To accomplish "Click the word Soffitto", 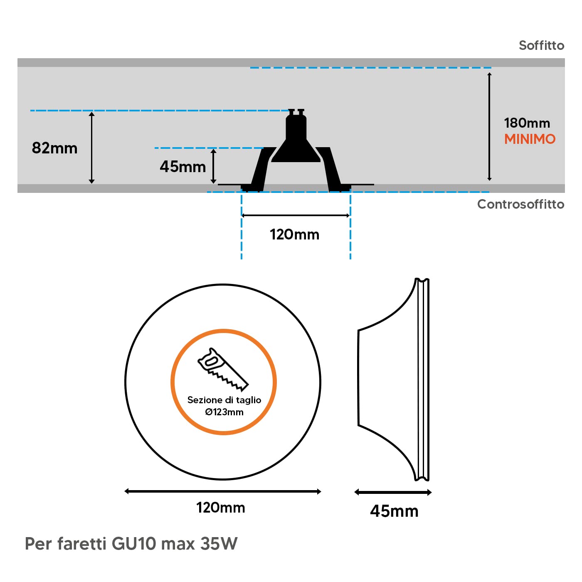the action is [x=541, y=46].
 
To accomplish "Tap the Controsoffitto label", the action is [x=520, y=204].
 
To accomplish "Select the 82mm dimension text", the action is [x=54, y=148].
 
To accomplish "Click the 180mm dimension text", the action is [x=527, y=123].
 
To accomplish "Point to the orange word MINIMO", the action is [x=530, y=139].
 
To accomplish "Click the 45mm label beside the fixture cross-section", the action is [x=183, y=166].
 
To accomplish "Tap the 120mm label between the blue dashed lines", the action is [x=294, y=234].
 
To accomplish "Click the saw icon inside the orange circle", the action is [x=223, y=370].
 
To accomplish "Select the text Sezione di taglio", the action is [x=224, y=400].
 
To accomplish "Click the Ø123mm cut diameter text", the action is [x=224, y=412].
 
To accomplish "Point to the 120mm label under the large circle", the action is [x=220, y=508].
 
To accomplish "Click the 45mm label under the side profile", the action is [x=394, y=511].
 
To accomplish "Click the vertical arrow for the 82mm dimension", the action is [x=92, y=148].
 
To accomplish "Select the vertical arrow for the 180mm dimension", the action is [x=489, y=127].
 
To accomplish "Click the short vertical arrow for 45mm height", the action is [x=213, y=166].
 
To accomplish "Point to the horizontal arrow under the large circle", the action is [x=222, y=491].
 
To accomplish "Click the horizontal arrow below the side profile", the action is [x=393, y=493].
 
